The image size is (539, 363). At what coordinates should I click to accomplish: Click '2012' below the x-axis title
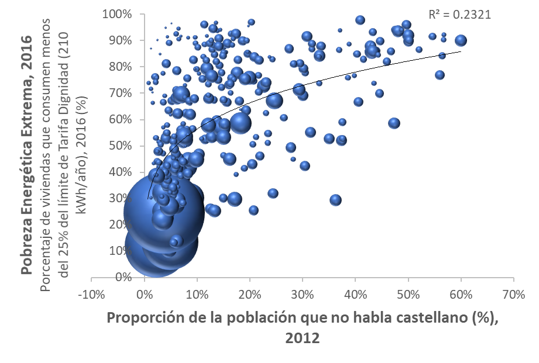303,337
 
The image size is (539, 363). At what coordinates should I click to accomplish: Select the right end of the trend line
461,51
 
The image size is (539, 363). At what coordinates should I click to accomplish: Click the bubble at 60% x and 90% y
461,40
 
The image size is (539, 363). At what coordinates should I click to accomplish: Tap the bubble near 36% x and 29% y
335,200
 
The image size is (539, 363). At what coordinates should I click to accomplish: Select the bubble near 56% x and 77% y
440,75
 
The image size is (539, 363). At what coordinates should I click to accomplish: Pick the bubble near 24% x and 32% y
273,193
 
